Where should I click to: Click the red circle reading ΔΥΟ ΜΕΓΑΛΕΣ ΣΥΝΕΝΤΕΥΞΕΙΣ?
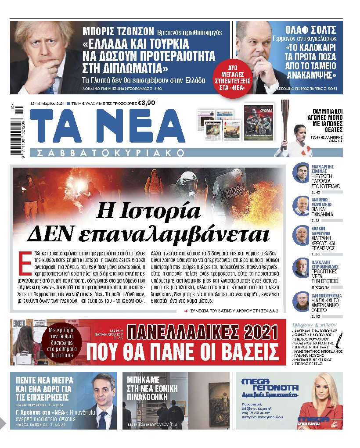(231, 77)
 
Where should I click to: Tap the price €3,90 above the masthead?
(146, 103)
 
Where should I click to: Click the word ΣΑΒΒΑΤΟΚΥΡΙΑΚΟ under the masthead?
(111, 153)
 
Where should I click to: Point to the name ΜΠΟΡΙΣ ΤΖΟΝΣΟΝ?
(119, 31)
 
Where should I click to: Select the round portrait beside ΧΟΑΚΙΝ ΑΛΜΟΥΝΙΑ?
(302, 235)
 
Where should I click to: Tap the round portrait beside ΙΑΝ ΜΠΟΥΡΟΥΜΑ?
(302, 301)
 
